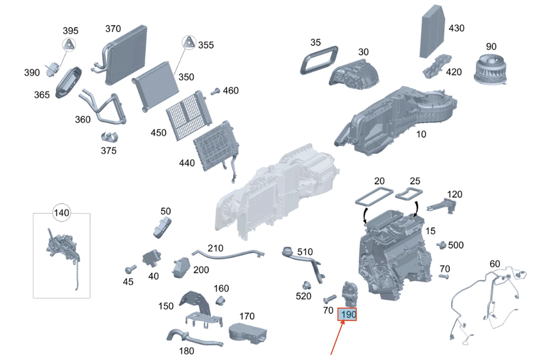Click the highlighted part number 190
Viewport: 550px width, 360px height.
tap(347, 314)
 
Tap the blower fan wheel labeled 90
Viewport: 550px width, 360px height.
tap(490, 70)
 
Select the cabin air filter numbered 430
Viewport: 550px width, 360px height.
tap(432, 31)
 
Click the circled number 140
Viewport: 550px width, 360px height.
tap(61, 213)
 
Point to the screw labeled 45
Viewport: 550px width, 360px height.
tap(131, 269)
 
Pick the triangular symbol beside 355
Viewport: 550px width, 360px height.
tap(189, 43)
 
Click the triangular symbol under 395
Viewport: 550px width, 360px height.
tap(69, 45)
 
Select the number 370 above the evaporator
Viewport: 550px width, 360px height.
tap(113, 29)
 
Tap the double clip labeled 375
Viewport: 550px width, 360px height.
tap(110, 137)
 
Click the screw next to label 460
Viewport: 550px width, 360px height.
tap(215, 92)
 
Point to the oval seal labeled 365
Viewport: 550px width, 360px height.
tap(68, 82)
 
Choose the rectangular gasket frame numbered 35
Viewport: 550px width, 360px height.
tap(319, 60)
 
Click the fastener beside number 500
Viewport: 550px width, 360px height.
tap(441, 245)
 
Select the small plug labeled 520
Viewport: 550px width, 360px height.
tap(307, 285)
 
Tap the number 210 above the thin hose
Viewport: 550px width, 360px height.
tap(215, 248)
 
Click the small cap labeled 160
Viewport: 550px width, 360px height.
tap(220, 300)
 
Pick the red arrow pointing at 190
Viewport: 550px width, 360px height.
tap(337, 338)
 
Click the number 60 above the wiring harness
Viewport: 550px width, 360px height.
tap(495, 264)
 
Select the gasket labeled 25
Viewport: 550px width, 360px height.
tap(409, 193)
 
